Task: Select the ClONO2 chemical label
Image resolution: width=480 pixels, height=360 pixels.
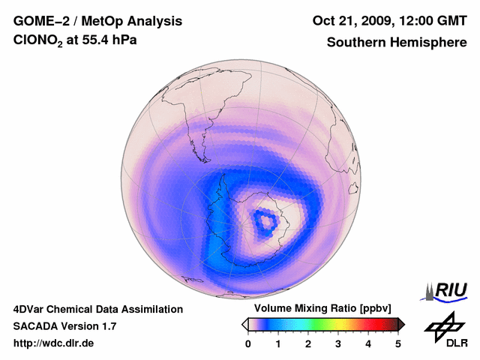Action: [x=41, y=43]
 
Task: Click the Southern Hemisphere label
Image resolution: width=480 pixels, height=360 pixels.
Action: [x=396, y=43]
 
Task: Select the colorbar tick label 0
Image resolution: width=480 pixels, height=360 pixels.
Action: [x=248, y=343]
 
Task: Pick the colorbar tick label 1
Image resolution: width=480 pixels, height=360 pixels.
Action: [x=278, y=343]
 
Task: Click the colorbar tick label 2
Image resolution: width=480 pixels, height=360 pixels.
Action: [x=308, y=343]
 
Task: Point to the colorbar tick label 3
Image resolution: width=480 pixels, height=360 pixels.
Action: [x=338, y=343]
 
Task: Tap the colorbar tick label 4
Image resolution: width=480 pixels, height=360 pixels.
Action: [x=368, y=343]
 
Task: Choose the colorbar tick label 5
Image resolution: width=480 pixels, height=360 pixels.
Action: [x=398, y=343]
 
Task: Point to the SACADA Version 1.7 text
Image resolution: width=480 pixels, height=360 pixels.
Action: [x=64, y=326]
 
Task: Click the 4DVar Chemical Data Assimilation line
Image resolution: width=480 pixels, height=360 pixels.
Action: [x=97, y=309]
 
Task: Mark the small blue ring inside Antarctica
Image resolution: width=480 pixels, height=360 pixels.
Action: [x=264, y=220]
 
